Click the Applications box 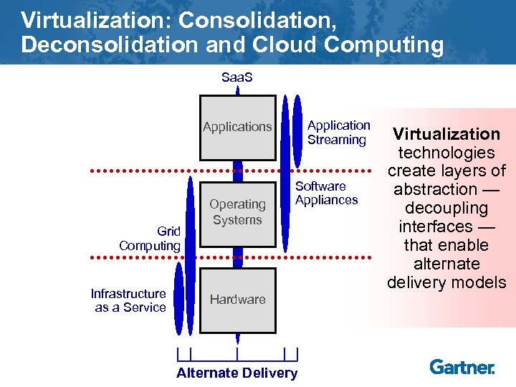pos(237,127)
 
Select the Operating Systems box pos(237,212)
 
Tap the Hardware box pos(237,300)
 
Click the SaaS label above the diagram pos(237,77)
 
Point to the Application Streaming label pos(338,133)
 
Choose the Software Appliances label pos(326,193)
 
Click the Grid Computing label pos(150,239)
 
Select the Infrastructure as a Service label pos(130,300)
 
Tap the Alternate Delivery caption pos(236,373)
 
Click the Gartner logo pos(462,367)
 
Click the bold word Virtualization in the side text pos(446,134)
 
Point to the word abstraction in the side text pos(436,190)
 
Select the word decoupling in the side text pos(446,209)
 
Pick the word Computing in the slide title pos(384,45)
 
